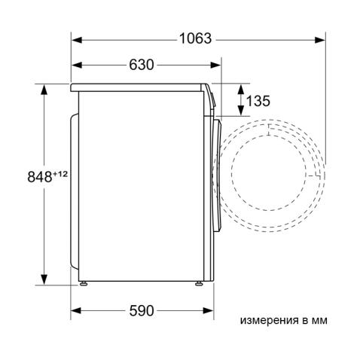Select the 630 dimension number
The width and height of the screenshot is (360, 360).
pyautogui.click(x=141, y=65)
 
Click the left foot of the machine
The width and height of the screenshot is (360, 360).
pyautogui.click(x=84, y=284)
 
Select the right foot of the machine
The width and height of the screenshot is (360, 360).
pyautogui.click(x=199, y=284)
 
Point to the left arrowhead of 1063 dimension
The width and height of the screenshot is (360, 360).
pyautogui.click(x=77, y=39)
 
